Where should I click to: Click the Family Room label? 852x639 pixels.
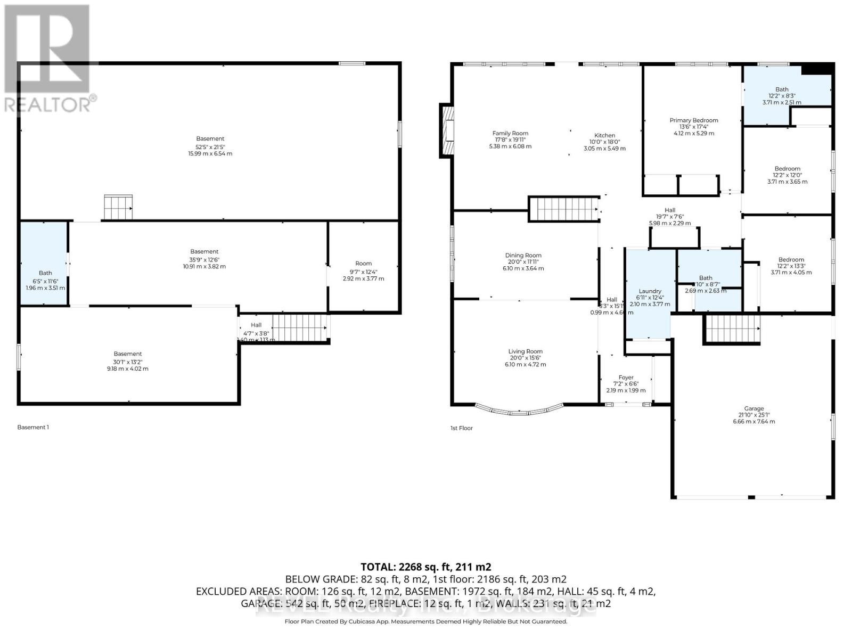pyautogui.click(x=510, y=134)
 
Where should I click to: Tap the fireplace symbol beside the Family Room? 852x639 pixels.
pyautogui.click(x=447, y=131)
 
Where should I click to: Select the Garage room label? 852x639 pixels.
pyautogui.click(x=754, y=408)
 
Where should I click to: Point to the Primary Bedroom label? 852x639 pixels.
pyautogui.click(x=693, y=120)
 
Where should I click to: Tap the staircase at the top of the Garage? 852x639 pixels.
pyautogui.click(x=733, y=328)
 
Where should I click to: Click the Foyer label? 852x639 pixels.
pyautogui.click(x=626, y=378)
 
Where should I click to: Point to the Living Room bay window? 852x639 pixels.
pyautogui.click(x=519, y=410)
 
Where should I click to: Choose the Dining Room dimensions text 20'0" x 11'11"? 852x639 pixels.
pyautogui.click(x=523, y=262)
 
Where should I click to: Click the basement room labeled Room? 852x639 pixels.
pyautogui.click(x=363, y=264)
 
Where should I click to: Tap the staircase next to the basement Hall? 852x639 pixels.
pyautogui.click(x=299, y=327)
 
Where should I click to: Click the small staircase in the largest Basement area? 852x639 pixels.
pyautogui.click(x=118, y=207)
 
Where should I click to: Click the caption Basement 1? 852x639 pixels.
pyautogui.click(x=33, y=427)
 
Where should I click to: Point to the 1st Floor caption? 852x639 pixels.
pyautogui.click(x=461, y=428)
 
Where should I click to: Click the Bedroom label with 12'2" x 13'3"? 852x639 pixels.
pyautogui.click(x=791, y=260)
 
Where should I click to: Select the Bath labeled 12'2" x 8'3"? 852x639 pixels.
pyautogui.click(x=782, y=89)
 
